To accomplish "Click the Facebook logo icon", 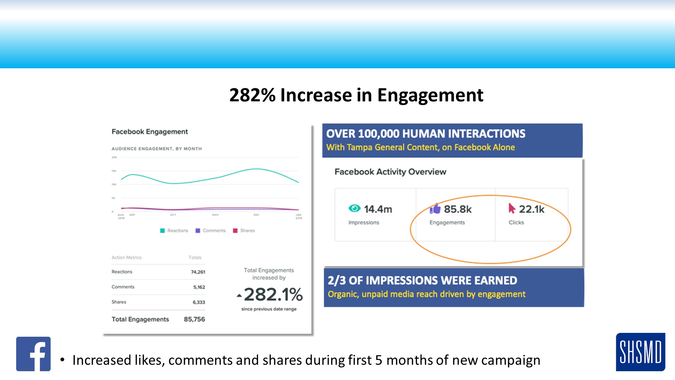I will coord(33,354).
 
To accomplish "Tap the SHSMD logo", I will coord(640,352).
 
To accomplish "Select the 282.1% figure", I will coord(273,294).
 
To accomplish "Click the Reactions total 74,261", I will coord(198,272).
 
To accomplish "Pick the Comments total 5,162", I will coord(199,287).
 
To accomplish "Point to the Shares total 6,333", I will coord(199,302).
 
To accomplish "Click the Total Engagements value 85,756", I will coord(194,319).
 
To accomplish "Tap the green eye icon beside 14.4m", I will coord(354,208).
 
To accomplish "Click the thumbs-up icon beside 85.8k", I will coord(435,209).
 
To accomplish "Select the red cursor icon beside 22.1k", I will coord(512,208).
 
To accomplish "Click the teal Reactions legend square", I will coord(162,231).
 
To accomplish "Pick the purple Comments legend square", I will coord(198,231).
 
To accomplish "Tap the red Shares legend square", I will coord(235,231).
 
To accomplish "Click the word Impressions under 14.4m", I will coord(364,222).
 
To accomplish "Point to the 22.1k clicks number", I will coord(532,209).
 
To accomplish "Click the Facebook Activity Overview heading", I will coord(390,172).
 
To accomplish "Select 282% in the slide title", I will coord(252,95).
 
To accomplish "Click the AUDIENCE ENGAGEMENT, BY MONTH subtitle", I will coord(157,149).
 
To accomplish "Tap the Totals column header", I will coord(195,258).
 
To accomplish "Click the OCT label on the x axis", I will coord(173,215).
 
